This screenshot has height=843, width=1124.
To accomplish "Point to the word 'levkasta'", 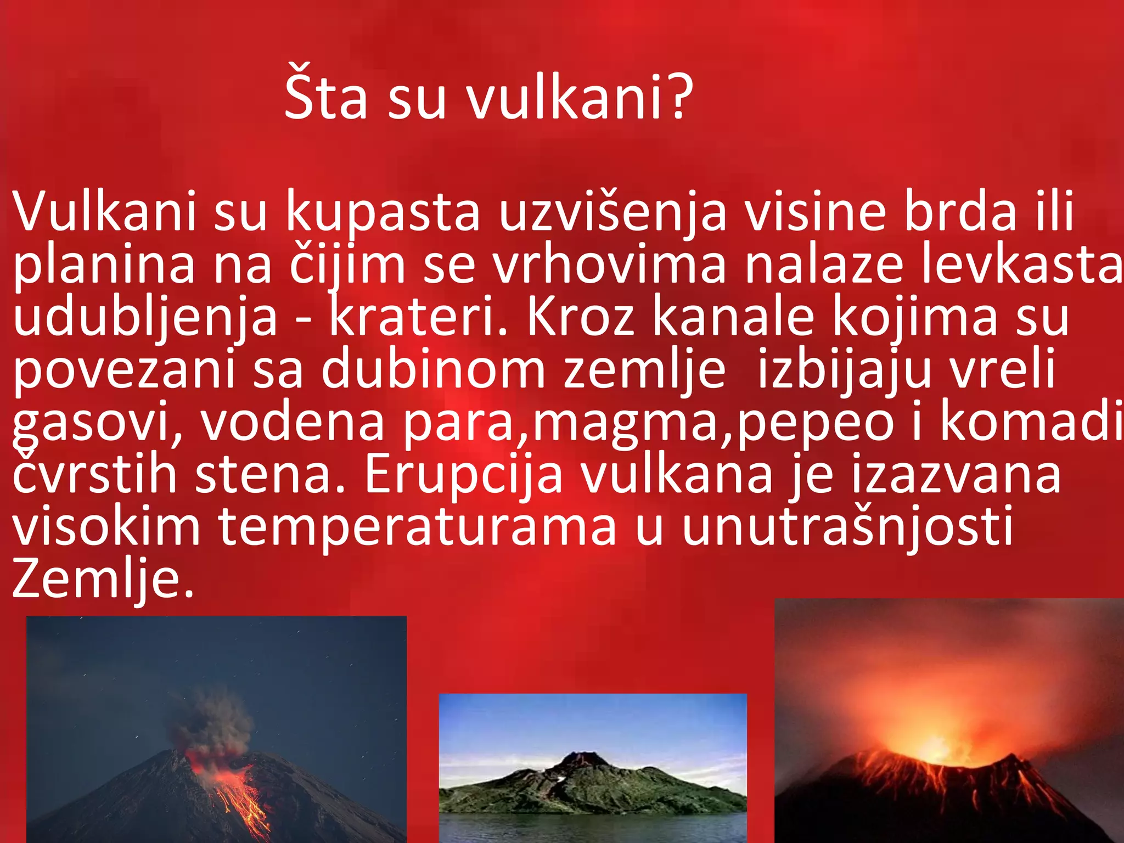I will coord(1021,265).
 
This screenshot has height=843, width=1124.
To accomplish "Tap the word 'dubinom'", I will coord(433,369).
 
